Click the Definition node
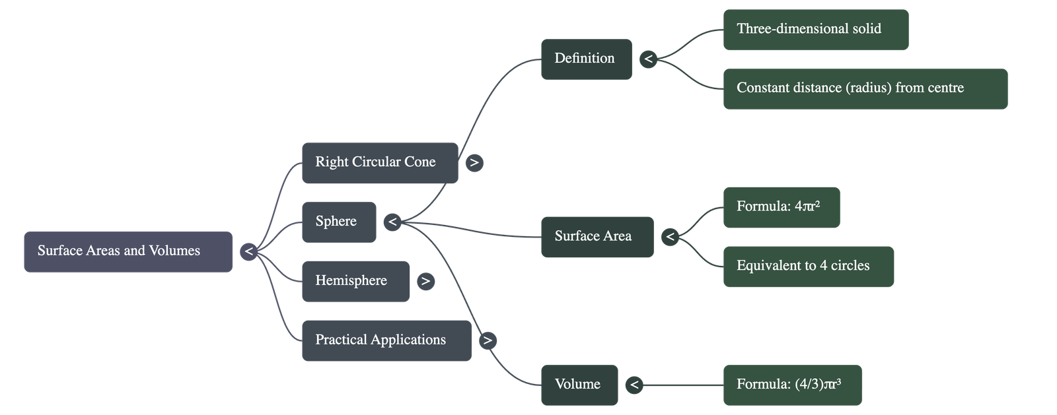point(586,59)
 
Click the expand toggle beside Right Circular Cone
point(474,162)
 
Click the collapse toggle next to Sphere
point(392,222)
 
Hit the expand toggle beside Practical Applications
point(488,340)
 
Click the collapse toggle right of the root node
point(248,251)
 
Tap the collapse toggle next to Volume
point(634,385)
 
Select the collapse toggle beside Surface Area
point(670,236)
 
